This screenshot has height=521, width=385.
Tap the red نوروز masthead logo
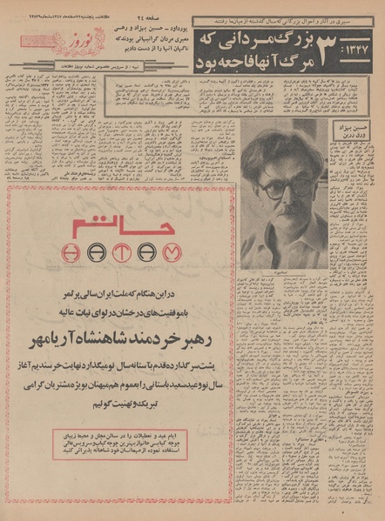coord(80,39)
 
